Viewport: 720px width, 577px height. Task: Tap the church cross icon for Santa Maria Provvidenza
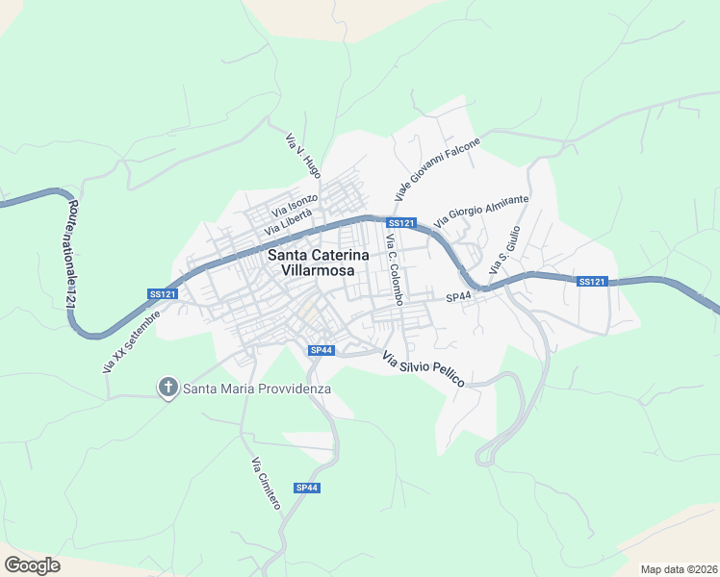point(167,388)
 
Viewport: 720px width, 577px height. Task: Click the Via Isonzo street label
point(295,205)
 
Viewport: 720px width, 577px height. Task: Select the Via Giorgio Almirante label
point(481,211)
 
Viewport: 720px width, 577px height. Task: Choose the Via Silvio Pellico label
point(424,369)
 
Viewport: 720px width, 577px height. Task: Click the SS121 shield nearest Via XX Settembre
point(163,294)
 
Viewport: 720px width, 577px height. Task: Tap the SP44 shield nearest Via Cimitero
point(307,488)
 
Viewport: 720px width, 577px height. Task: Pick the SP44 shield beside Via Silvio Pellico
point(321,350)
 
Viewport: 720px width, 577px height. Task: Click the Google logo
point(32,564)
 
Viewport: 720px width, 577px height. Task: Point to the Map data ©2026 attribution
point(679,569)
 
